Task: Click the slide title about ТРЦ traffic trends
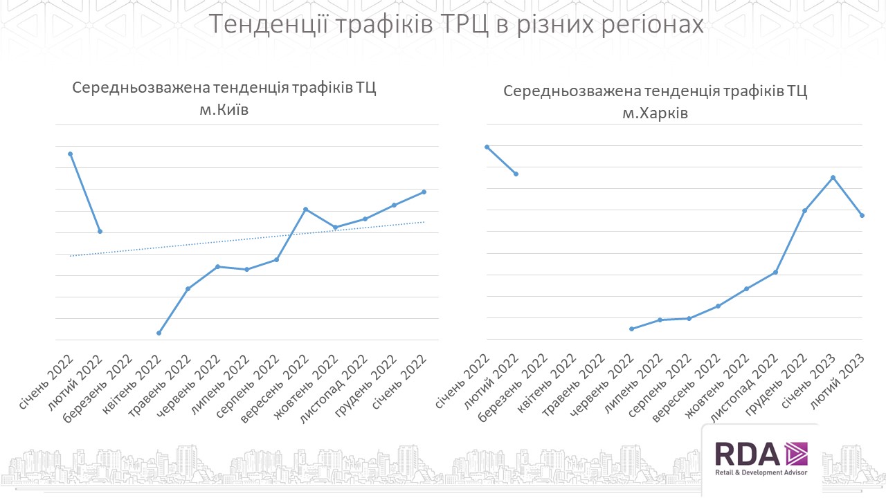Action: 456,24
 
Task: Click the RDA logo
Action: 760,459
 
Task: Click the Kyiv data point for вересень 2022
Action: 306,209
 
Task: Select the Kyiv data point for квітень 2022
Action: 159,333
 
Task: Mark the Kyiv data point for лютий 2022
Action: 100,231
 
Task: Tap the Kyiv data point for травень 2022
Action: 188,288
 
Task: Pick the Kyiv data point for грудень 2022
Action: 395,205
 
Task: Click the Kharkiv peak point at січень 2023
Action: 833,177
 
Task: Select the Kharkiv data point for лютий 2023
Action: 862,215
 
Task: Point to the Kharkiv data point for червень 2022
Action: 631,329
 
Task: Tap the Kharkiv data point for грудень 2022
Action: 804,210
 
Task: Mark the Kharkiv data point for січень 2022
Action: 487,147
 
